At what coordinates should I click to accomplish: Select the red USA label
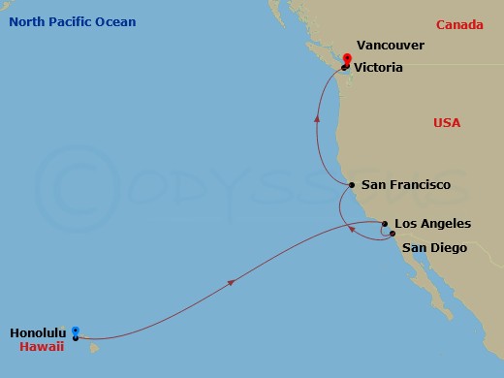(x=447, y=123)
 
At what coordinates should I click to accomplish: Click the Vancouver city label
(x=391, y=46)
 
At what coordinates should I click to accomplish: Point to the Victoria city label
(x=379, y=68)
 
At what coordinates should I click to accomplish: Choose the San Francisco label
(x=406, y=184)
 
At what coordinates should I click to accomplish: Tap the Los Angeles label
(x=432, y=223)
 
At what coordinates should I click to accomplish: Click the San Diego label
(x=434, y=248)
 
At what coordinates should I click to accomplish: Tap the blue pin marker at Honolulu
(x=76, y=331)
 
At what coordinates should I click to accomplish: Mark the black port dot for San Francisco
(x=353, y=184)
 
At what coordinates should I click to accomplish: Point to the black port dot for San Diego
(x=393, y=234)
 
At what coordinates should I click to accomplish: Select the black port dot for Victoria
(x=345, y=68)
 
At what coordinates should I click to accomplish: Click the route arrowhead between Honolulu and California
(x=231, y=282)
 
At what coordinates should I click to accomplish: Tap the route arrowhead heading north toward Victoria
(x=319, y=117)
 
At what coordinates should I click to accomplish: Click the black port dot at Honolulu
(x=77, y=337)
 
